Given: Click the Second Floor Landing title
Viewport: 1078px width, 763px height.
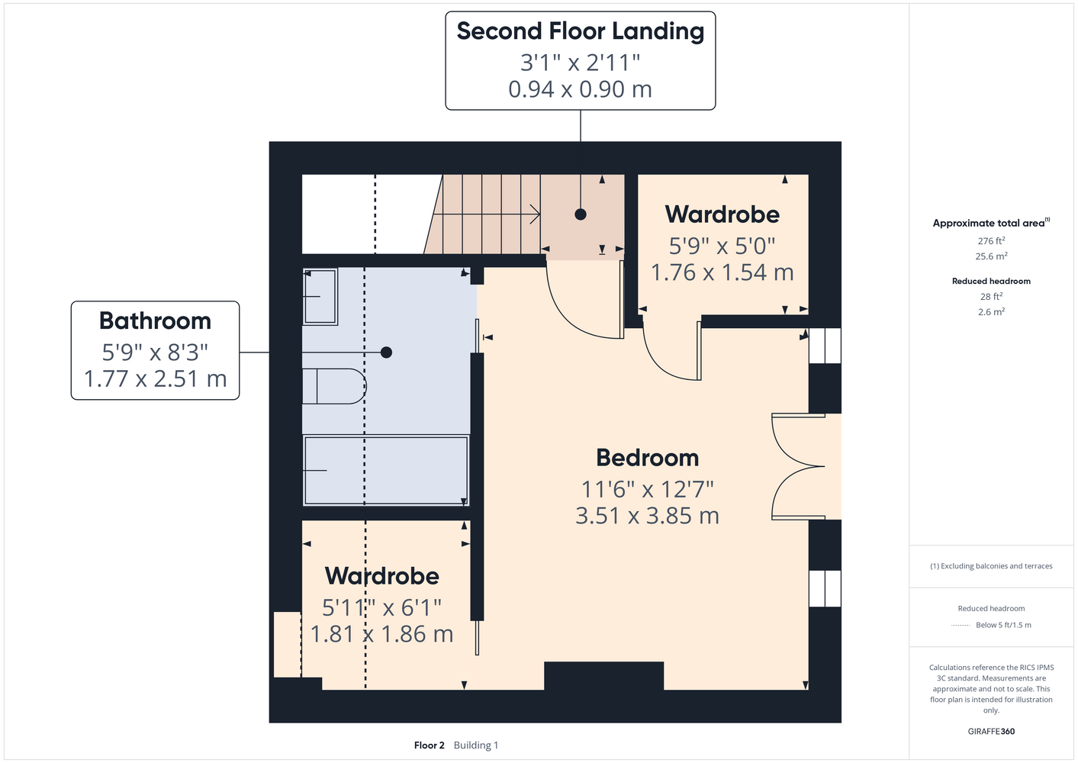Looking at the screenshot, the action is tap(580, 31).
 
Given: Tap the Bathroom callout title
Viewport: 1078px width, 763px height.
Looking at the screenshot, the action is tap(155, 320).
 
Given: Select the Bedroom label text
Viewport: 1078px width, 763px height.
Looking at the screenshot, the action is tap(647, 457).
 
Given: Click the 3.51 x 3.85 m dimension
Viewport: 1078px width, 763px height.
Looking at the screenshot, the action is tap(647, 516).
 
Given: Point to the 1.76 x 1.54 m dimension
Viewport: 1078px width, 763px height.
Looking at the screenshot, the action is tap(722, 272).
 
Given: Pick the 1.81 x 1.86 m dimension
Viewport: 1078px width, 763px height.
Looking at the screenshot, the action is tap(381, 634).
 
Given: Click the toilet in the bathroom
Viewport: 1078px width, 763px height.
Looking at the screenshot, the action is tap(334, 386).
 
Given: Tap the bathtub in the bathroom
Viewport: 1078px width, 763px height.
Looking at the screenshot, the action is tap(385, 470).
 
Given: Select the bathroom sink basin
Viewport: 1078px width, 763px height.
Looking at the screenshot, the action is tap(320, 297).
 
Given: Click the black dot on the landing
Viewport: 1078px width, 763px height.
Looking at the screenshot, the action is tap(581, 214).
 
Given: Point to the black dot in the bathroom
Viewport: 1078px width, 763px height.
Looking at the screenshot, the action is tap(386, 353).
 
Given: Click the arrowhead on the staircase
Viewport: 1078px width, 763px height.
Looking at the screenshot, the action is tap(535, 214).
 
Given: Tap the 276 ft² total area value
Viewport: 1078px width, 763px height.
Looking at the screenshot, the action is tap(991, 240).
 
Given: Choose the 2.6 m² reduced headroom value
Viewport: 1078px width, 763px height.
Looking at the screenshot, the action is tap(991, 311).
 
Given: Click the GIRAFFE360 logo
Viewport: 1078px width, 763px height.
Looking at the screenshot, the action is tap(991, 731).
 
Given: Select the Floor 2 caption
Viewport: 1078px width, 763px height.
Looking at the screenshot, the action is tap(429, 745).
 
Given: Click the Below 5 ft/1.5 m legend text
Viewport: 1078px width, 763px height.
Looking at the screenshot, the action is tap(1003, 625).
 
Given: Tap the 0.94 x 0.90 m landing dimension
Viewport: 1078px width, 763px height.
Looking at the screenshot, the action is tap(580, 89).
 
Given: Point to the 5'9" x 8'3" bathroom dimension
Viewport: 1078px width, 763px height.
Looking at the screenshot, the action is tap(155, 353).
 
